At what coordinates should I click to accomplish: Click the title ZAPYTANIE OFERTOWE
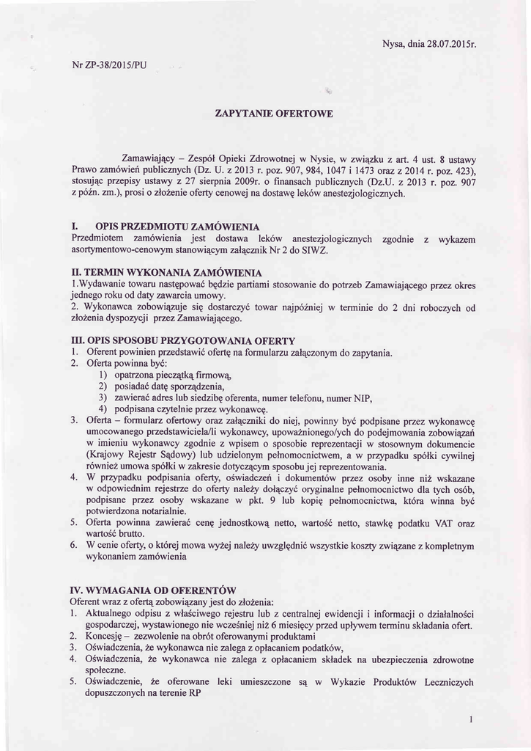click(x=275, y=114)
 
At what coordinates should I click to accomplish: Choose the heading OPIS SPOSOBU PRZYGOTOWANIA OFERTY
click(x=191, y=340)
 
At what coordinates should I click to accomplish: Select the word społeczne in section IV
click(x=110, y=670)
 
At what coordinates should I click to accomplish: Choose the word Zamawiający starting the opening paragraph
click(x=152, y=159)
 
